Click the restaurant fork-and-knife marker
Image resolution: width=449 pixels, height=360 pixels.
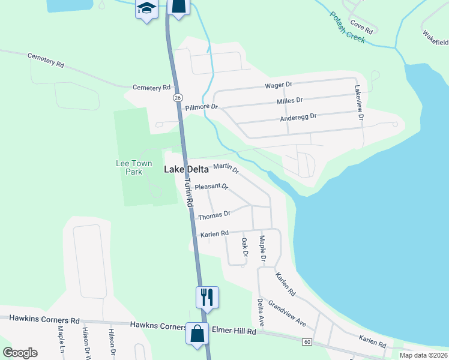pos(207,296)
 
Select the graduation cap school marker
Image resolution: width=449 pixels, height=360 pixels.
pos(146,9)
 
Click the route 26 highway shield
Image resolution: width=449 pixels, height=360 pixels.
pos(178,97)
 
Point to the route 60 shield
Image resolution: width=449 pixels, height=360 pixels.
pos(307,342)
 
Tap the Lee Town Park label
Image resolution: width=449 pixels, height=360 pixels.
pos(129,167)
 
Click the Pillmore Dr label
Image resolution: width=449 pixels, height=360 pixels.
pos(201,107)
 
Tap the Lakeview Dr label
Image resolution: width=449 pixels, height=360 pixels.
pos(360,103)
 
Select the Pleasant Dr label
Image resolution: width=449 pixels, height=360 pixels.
pos(212,187)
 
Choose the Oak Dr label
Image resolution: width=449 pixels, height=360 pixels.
pos(244,248)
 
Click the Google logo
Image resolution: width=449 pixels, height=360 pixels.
pos(20,352)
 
